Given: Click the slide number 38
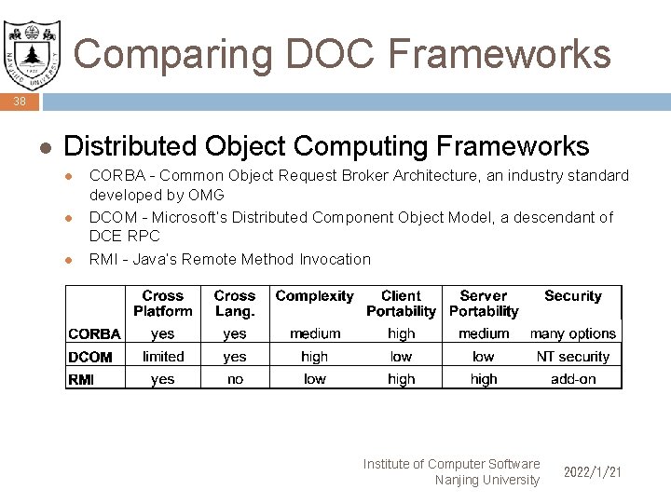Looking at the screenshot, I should pyautogui.click(x=20, y=102).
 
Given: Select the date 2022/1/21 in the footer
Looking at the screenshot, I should pyautogui.click(x=592, y=472).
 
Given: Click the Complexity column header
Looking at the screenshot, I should pyautogui.click(x=314, y=296).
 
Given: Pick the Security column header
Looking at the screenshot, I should pyautogui.click(x=572, y=296).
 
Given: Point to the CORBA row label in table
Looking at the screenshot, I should pyautogui.click(x=94, y=334).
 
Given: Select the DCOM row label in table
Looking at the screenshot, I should pyautogui.click(x=90, y=357).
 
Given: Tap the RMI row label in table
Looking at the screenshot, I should pyautogui.click(x=81, y=380).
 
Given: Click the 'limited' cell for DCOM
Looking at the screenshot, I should pyautogui.click(x=163, y=357).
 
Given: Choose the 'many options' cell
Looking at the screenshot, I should pyautogui.click(x=572, y=333).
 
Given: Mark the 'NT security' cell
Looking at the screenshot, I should pyautogui.click(x=572, y=357).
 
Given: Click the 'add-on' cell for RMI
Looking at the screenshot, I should pyautogui.click(x=572, y=379).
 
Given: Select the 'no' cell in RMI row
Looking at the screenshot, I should pyautogui.click(x=235, y=379).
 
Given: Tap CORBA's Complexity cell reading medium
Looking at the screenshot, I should pyautogui.click(x=315, y=333).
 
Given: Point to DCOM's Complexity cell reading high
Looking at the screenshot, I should pyautogui.click(x=315, y=357).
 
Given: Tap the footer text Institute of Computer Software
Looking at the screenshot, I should pyautogui.click(x=451, y=464).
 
